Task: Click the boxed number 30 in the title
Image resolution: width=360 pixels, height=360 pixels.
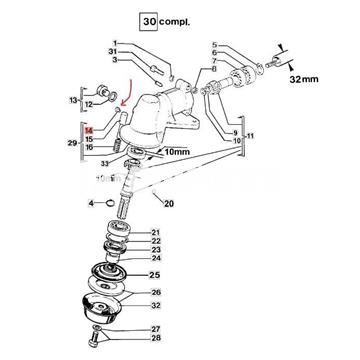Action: [x=151, y=19]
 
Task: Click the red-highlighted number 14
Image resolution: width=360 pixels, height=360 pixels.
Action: [x=90, y=129]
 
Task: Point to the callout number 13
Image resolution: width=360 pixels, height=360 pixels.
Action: [x=73, y=99]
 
